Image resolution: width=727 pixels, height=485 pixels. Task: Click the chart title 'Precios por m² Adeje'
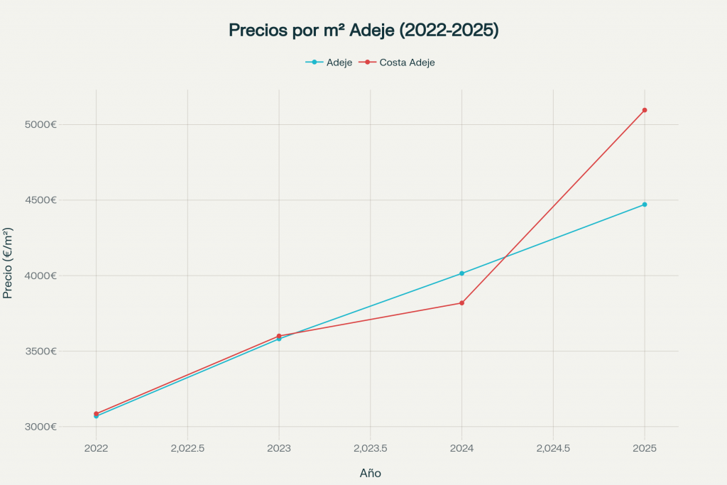363,31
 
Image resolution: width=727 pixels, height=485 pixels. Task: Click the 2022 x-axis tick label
96,449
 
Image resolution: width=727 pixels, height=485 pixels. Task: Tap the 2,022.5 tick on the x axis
187,449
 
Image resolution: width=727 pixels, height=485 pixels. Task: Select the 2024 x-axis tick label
461,449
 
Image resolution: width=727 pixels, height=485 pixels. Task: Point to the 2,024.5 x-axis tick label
553,449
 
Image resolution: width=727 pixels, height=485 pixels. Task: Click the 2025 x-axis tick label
645,449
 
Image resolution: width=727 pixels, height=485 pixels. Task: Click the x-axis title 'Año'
371,473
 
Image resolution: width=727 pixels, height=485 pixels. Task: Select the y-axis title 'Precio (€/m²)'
9,263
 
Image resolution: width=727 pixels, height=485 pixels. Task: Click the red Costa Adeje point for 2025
645,110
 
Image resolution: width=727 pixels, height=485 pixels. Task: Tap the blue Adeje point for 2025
645,205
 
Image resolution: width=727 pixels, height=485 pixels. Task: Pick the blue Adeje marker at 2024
461,273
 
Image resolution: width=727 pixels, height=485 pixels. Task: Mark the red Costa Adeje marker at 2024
461,303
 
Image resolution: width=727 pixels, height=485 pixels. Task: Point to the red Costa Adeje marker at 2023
279,336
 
